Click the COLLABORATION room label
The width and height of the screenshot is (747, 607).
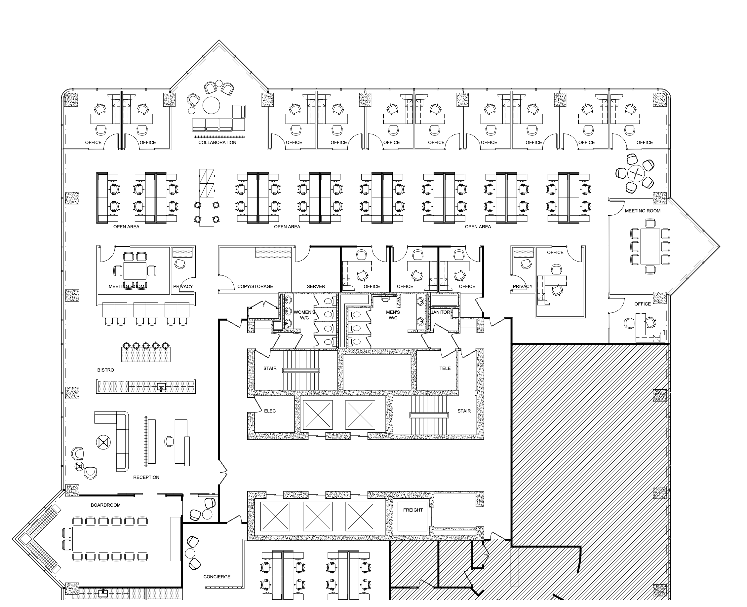217,142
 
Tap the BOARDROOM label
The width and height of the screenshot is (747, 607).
106,505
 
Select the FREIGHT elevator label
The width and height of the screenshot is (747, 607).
413,510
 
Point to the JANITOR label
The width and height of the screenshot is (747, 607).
441,312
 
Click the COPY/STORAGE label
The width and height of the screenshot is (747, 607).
255,286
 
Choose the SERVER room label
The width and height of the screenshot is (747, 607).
316,286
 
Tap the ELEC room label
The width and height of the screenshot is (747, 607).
270,411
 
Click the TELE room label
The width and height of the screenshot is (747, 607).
445,368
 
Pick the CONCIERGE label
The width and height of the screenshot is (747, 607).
217,577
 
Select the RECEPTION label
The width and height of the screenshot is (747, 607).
146,477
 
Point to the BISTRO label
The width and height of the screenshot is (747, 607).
106,370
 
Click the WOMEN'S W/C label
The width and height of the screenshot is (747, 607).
304,315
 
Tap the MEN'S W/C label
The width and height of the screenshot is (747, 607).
393,315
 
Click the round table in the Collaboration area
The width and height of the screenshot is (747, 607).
211,105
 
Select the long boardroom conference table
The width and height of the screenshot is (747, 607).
109,539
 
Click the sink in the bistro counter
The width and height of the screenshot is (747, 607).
161,387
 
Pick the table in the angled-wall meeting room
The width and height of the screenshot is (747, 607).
650,246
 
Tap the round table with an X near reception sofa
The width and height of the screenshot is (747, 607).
103,443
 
